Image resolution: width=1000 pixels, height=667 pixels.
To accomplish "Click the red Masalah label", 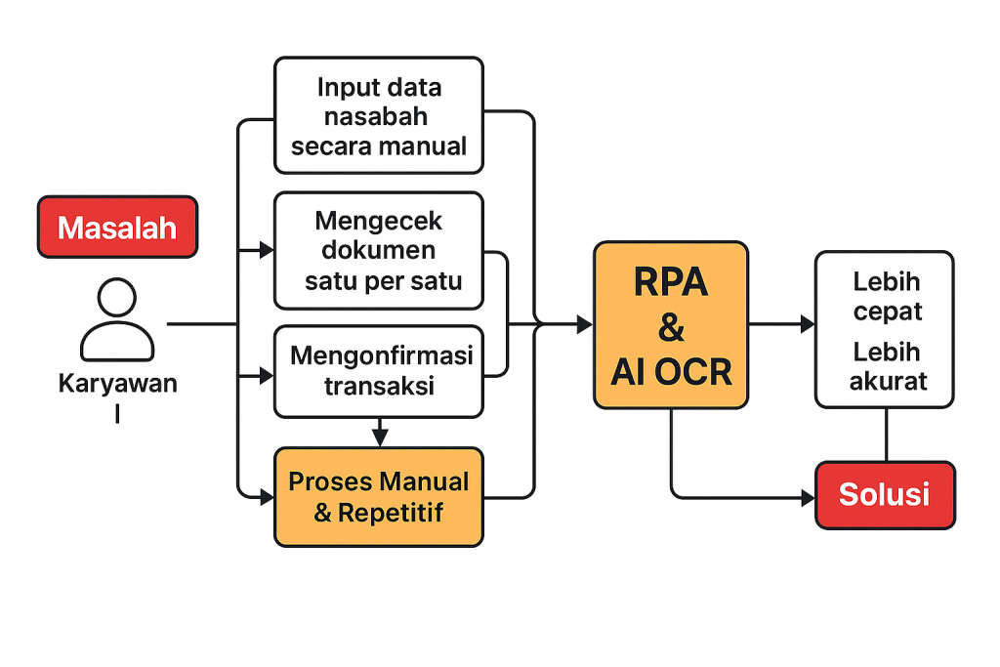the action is pyautogui.click(x=117, y=227).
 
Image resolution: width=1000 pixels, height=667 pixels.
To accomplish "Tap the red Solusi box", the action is pyautogui.click(x=885, y=495).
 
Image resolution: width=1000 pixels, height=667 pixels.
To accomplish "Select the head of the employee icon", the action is pyautogui.click(x=117, y=297).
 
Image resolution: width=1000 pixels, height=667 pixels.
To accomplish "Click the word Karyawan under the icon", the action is pyautogui.click(x=118, y=383).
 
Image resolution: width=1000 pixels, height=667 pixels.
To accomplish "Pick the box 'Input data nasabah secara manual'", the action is pyautogui.click(x=379, y=115).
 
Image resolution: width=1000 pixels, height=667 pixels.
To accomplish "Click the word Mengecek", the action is pyautogui.click(x=378, y=222).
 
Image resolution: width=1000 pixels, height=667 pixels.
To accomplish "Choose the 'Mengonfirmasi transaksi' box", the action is pyautogui.click(x=379, y=372).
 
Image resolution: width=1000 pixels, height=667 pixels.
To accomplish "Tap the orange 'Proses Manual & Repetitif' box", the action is pyautogui.click(x=379, y=497).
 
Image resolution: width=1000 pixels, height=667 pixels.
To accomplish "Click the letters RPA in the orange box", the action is pyautogui.click(x=671, y=281).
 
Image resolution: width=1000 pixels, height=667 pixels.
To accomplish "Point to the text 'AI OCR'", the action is pyautogui.click(x=671, y=372).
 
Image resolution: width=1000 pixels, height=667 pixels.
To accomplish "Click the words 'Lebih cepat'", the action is pyautogui.click(x=887, y=296).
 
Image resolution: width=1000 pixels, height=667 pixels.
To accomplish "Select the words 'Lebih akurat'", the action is pyautogui.click(x=887, y=366).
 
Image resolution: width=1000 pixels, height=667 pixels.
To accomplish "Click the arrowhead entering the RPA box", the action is pyautogui.click(x=585, y=324).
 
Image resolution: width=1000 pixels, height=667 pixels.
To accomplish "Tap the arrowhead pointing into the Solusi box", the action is pyautogui.click(x=808, y=497).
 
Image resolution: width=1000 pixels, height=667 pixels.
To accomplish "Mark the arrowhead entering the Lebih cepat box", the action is pyautogui.click(x=808, y=324).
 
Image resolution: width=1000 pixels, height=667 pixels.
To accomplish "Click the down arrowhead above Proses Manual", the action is pyautogui.click(x=380, y=438).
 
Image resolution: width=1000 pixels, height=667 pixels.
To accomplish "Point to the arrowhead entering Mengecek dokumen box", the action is pyautogui.click(x=266, y=250).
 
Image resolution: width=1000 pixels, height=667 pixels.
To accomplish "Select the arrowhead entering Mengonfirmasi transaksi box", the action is pyautogui.click(x=266, y=376).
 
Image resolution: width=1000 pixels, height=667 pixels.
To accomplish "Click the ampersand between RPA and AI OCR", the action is pyautogui.click(x=671, y=327).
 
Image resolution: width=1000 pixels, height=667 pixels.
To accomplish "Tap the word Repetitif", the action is pyautogui.click(x=391, y=513).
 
